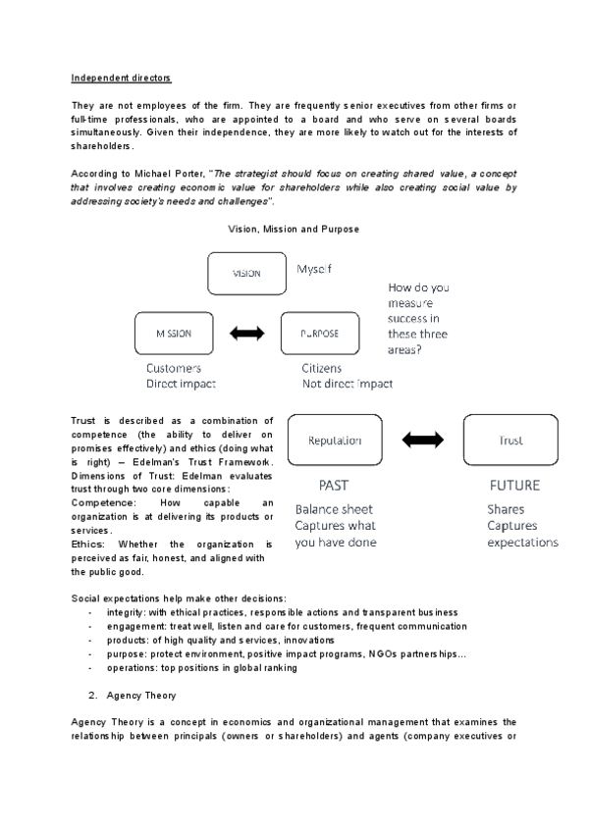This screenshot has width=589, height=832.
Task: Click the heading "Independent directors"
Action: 114,78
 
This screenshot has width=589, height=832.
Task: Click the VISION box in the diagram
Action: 245,273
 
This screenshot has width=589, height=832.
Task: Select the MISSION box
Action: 174,333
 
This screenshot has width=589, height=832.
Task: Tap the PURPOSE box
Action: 319,333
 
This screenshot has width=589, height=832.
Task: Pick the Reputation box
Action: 336,442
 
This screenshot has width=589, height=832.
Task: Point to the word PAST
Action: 334,485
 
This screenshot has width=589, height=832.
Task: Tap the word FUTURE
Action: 514,485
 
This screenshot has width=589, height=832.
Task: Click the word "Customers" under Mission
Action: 174,368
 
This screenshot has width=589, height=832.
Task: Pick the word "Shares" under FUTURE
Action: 506,509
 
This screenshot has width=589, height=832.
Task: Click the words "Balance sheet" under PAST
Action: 334,509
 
